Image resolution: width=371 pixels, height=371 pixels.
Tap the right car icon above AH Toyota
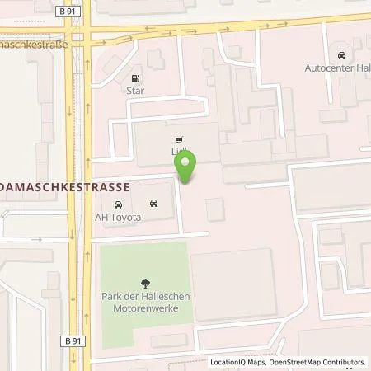click(154, 203)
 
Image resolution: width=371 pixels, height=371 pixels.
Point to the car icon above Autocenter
click(342, 56)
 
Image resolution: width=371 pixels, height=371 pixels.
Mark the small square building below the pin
click(214, 209)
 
